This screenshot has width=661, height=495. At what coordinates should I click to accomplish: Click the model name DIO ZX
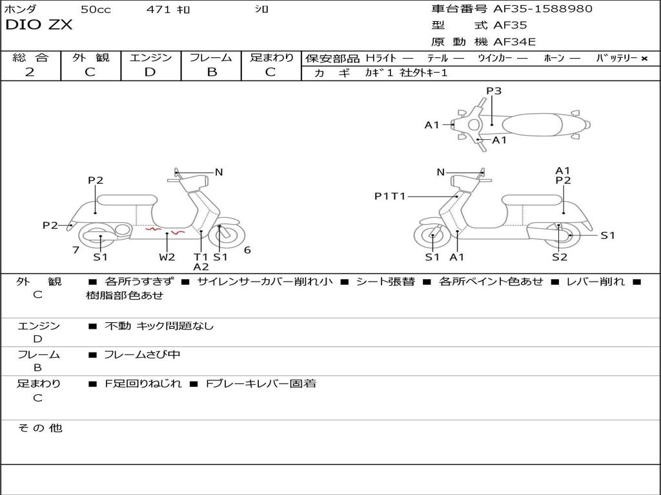(x=39, y=25)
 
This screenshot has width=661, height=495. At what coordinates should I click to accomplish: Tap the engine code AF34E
(x=514, y=42)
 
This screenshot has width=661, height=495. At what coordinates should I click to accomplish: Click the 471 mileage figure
(x=159, y=9)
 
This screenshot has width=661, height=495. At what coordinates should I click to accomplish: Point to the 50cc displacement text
(x=96, y=9)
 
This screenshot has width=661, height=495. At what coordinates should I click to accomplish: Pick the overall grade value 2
(x=30, y=72)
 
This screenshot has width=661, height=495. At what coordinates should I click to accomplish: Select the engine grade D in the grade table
(x=150, y=72)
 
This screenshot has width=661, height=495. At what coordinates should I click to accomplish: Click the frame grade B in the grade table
(x=211, y=72)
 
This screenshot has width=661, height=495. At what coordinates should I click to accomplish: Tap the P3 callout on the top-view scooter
(x=494, y=91)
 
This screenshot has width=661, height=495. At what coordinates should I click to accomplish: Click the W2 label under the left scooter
(x=167, y=257)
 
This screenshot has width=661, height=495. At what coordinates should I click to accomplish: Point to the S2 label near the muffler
(x=559, y=257)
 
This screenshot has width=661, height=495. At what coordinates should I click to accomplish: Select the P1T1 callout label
(x=390, y=196)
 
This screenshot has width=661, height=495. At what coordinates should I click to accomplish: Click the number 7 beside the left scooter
(x=76, y=250)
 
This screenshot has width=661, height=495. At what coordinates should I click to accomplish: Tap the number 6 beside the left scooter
(x=247, y=250)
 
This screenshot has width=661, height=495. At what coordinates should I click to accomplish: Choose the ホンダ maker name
(x=21, y=9)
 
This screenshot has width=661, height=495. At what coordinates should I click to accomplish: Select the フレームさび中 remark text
(x=142, y=354)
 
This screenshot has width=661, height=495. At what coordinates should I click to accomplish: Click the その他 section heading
(x=39, y=428)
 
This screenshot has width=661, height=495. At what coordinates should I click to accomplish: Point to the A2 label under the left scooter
(x=201, y=267)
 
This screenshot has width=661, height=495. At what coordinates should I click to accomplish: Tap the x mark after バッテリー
(x=644, y=59)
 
